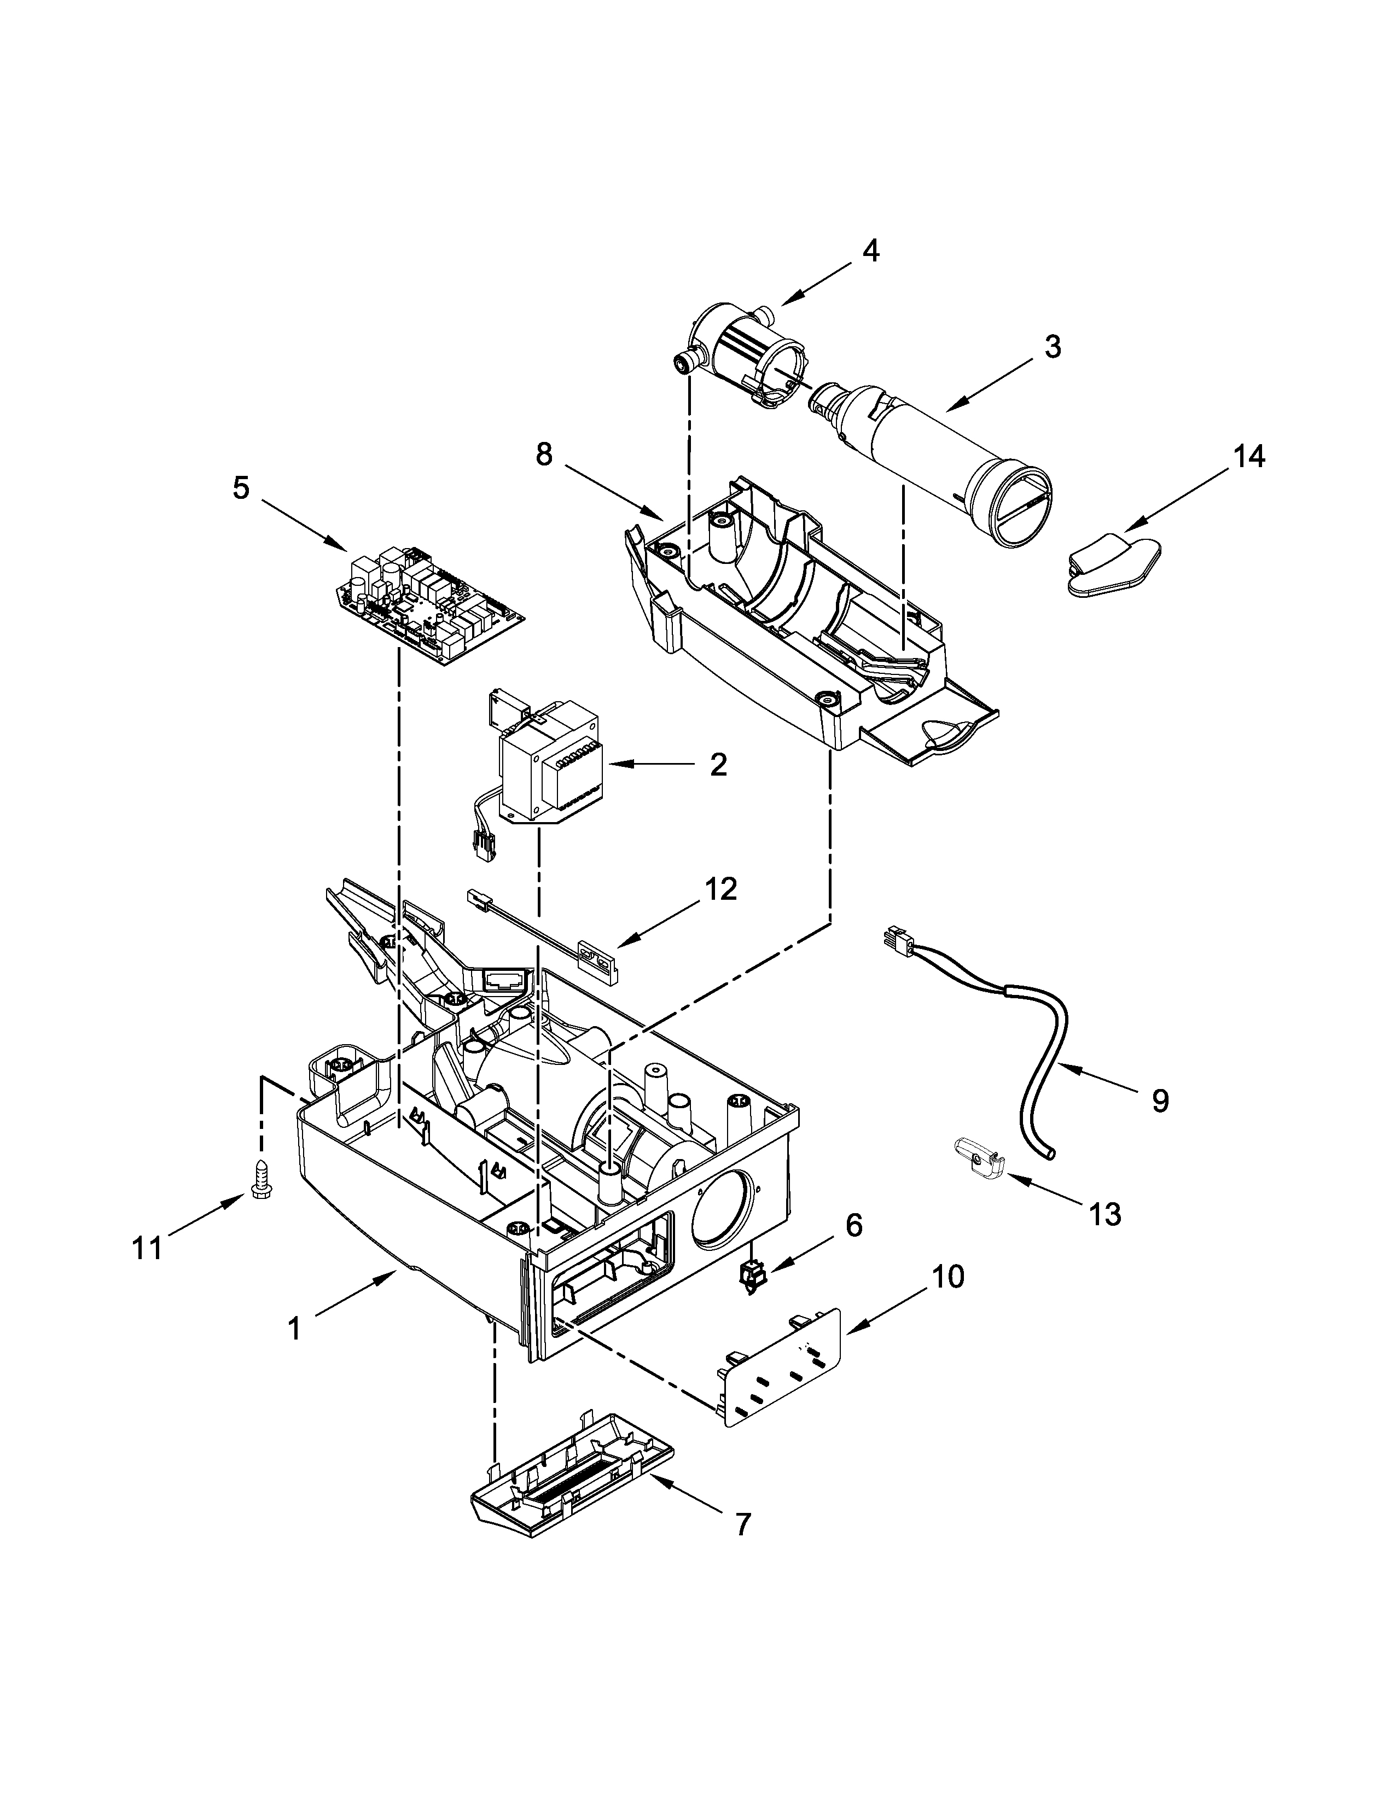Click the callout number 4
[x=871, y=251]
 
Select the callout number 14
[x=1249, y=456]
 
